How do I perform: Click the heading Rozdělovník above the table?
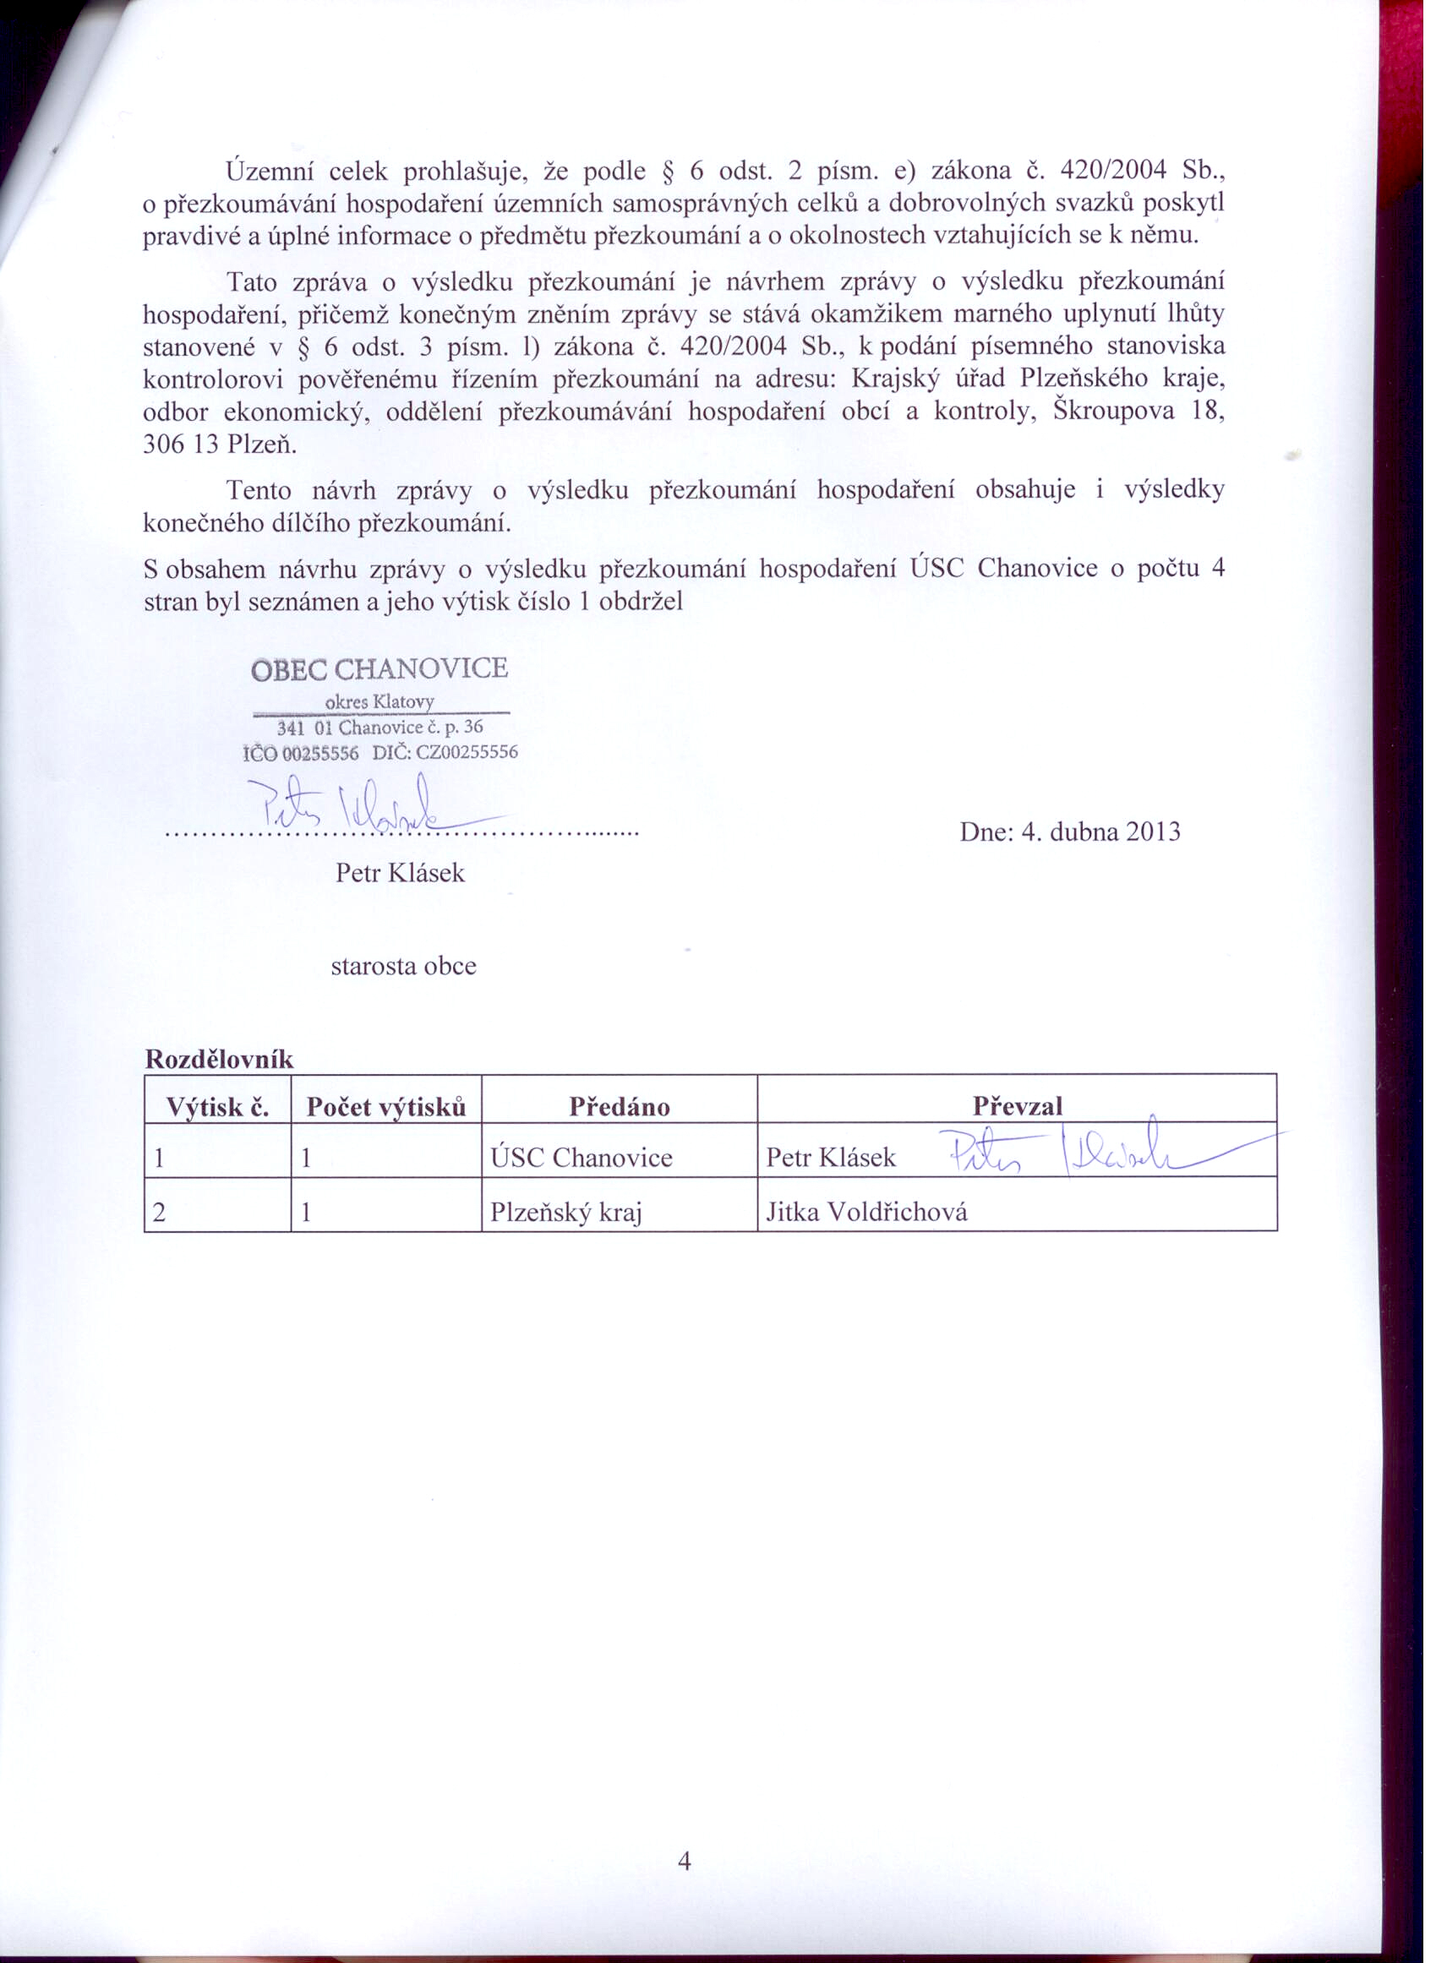(219, 1060)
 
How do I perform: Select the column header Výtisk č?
(217, 1107)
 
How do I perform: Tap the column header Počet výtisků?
(386, 1107)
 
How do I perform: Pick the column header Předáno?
(619, 1107)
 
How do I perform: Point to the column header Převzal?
(1017, 1106)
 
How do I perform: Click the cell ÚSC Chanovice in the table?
(581, 1158)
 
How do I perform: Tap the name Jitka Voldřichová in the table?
(865, 1211)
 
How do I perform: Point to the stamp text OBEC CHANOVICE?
(379, 669)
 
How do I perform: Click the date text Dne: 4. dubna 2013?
(1069, 832)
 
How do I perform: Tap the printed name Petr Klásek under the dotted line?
(400, 872)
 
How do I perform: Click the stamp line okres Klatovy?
(379, 701)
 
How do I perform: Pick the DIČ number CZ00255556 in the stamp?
(467, 753)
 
